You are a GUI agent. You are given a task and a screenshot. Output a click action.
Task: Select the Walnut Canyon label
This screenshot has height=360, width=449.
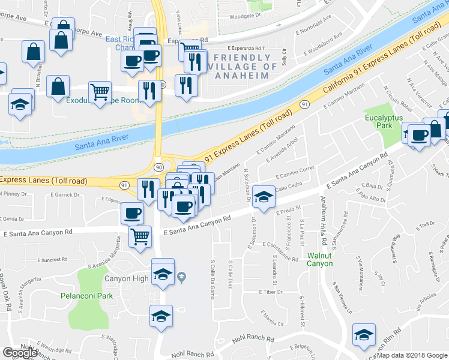pos(319,259)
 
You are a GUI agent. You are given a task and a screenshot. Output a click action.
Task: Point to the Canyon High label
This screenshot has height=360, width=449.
pos(126,278)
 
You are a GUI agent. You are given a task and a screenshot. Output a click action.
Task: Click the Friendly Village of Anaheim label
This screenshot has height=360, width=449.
pos(244,62)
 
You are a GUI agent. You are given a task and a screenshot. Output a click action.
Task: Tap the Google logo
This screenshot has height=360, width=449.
pos(20,353)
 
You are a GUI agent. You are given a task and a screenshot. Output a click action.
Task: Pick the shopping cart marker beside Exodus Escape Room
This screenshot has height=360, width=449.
pos(100,92)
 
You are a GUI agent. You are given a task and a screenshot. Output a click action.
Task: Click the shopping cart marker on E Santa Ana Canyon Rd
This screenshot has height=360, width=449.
pos(140,236)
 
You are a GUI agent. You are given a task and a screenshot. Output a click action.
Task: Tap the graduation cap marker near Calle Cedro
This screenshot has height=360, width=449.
pos(263,196)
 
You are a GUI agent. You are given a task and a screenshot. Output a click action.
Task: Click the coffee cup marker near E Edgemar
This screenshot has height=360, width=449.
pos(132,212)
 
